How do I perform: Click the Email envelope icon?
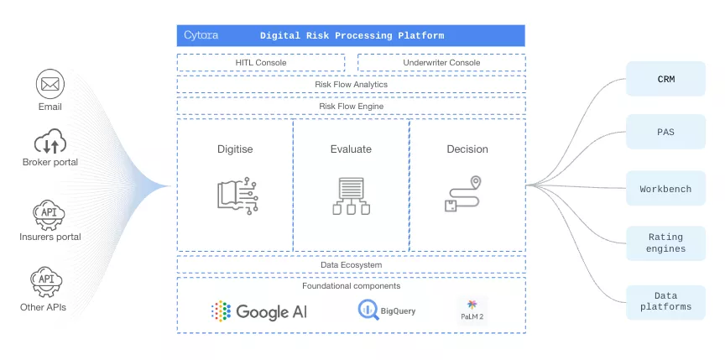click(x=50, y=84)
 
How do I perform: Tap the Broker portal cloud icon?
click(x=50, y=141)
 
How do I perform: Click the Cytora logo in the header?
click(x=201, y=36)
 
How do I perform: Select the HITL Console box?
click(x=261, y=63)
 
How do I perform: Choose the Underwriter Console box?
click(x=441, y=63)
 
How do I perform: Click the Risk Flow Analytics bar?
click(x=351, y=84)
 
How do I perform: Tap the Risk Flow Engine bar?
click(x=351, y=107)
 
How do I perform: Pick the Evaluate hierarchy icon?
click(x=351, y=196)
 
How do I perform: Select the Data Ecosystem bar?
click(x=351, y=265)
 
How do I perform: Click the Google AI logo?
click(x=259, y=311)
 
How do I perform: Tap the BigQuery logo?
click(x=387, y=311)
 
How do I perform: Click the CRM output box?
click(x=666, y=80)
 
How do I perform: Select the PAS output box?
click(x=666, y=133)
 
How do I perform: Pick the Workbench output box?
click(x=666, y=189)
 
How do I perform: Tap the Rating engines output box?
click(x=666, y=243)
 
